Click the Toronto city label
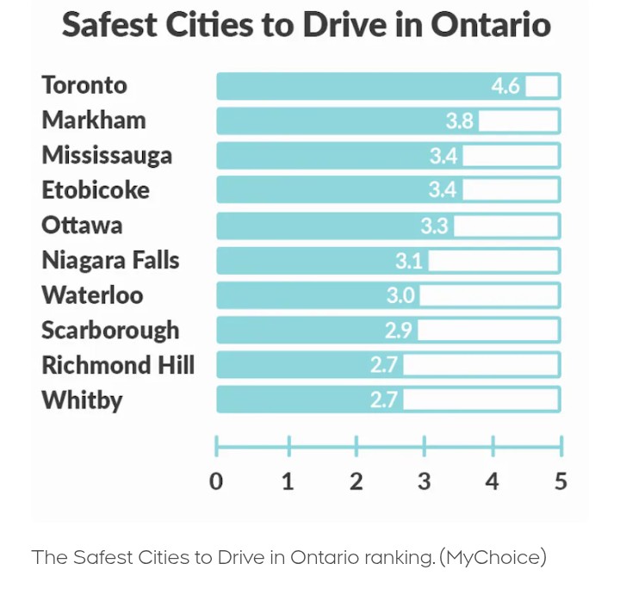(84, 85)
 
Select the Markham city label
(94, 121)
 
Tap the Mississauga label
(107, 156)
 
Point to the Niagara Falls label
(110, 260)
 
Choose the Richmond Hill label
(118, 365)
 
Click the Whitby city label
(82, 400)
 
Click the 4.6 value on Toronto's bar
(505, 86)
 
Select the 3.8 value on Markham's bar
(459, 121)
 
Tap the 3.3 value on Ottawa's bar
(434, 226)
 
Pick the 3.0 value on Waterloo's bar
(400, 295)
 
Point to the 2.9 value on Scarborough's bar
(398, 331)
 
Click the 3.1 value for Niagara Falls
(409, 261)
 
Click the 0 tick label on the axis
(216, 481)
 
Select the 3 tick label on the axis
(424, 481)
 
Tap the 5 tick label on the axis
(561, 481)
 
